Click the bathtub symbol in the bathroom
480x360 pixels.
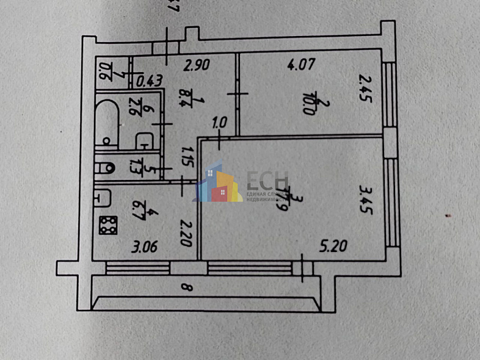[x=107, y=124]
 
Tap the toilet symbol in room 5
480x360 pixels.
[x=106, y=167]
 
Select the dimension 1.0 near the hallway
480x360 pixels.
[x=219, y=122]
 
